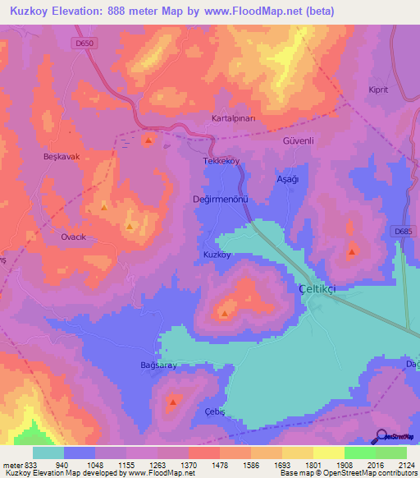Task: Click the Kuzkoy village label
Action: point(217,255)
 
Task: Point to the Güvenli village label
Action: point(299,140)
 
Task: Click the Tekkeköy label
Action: point(221,162)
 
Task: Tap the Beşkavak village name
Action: point(62,156)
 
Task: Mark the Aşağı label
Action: point(286,178)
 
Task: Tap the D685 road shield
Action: point(402,232)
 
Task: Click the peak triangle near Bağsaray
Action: point(174,402)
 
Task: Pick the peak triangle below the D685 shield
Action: point(352,251)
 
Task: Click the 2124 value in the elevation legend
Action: point(396,465)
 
